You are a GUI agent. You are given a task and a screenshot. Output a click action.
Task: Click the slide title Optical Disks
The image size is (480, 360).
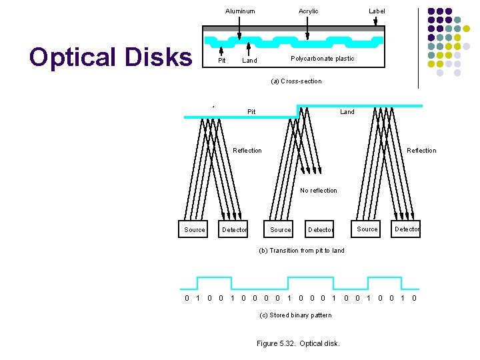tap(110, 57)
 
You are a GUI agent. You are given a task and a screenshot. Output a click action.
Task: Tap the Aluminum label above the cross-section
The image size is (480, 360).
tap(240, 11)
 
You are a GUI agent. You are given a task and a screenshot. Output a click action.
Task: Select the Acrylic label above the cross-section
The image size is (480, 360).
tap(308, 11)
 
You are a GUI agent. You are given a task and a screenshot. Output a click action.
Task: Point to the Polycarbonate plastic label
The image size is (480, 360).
tap(323, 59)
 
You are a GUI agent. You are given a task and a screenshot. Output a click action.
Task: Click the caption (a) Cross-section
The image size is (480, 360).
tap(296, 81)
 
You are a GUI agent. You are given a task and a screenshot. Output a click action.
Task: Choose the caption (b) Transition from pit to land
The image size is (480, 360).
tap(301, 251)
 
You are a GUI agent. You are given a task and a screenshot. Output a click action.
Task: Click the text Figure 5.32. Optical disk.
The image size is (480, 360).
tap(298, 344)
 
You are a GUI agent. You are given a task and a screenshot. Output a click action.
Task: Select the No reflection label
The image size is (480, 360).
tap(319, 191)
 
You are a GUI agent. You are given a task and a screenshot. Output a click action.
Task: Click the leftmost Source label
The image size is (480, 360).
tap(195, 230)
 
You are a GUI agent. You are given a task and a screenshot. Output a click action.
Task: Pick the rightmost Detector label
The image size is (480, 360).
tap(407, 229)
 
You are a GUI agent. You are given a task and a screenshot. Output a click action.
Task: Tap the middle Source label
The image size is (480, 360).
tap(281, 230)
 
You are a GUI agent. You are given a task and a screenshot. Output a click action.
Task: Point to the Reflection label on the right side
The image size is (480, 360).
tap(421, 151)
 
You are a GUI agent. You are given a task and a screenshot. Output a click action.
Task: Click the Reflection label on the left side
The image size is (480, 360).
tap(247, 151)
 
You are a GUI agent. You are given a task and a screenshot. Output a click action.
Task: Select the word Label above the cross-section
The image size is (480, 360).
tap(377, 11)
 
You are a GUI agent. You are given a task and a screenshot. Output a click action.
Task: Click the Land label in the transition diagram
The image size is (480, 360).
tap(347, 112)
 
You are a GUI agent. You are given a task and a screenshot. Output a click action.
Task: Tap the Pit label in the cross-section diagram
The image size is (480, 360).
tap(222, 61)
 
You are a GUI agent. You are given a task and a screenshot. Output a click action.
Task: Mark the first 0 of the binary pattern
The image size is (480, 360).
tap(187, 298)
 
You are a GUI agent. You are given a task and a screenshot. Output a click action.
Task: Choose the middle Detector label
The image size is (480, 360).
tap(321, 230)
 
